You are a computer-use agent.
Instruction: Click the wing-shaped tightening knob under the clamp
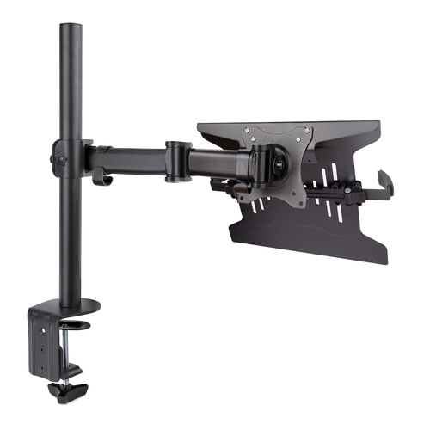point(63,390)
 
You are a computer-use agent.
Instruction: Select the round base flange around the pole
point(77,304)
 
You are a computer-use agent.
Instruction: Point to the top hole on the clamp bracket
point(40,324)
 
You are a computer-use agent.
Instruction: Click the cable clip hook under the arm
point(101,178)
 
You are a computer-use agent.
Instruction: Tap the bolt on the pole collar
point(60,159)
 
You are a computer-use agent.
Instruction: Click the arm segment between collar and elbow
point(129,159)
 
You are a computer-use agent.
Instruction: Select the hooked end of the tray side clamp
point(384,181)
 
